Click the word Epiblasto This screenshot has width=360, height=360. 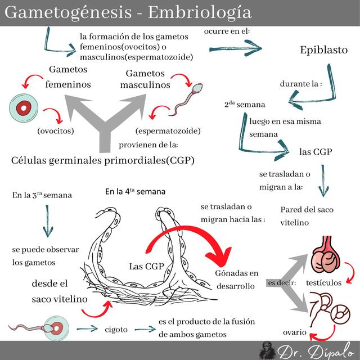click(323, 50)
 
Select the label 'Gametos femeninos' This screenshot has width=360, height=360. click(68, 77)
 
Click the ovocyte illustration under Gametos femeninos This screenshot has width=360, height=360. click(24, 108)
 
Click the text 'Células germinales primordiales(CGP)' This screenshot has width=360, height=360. click(103, 160)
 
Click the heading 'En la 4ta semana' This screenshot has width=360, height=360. click(135, 191)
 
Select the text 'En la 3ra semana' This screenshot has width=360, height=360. click(42, 196)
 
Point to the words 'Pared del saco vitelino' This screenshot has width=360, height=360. click(307, 216)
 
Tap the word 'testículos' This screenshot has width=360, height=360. click(323, 282)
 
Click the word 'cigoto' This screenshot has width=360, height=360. click(116, 329)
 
